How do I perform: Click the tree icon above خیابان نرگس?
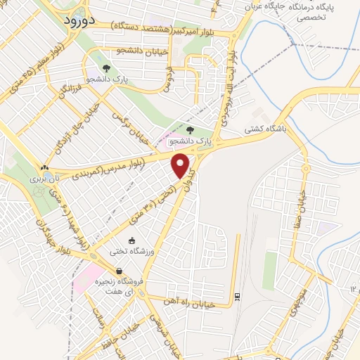(106, 69)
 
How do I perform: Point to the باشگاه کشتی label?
(262, 129)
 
